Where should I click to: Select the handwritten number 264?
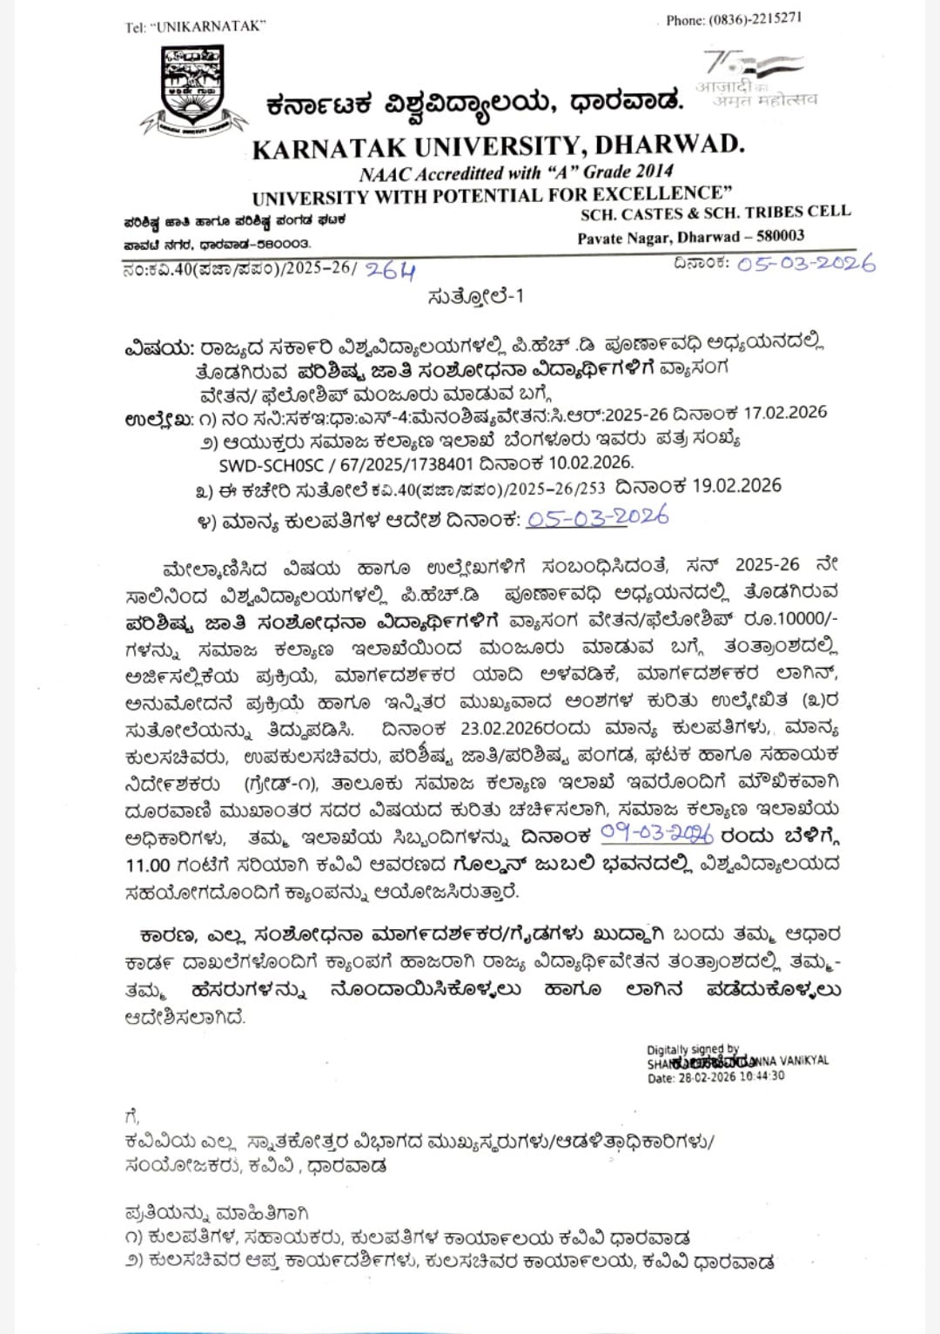point(391,271)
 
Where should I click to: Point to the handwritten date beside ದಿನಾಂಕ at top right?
point(806,263)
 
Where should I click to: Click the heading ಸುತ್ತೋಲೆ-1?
point(475,296)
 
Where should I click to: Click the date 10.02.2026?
point(591,462)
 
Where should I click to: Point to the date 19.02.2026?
point(737,486)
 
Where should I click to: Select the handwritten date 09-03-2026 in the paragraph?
point(657,834)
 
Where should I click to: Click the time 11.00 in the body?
point(147,865)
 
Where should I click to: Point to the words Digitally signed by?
point(693,1049)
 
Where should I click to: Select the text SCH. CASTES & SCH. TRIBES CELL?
point(715,213)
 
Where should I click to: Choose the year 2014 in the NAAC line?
point(655,171)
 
